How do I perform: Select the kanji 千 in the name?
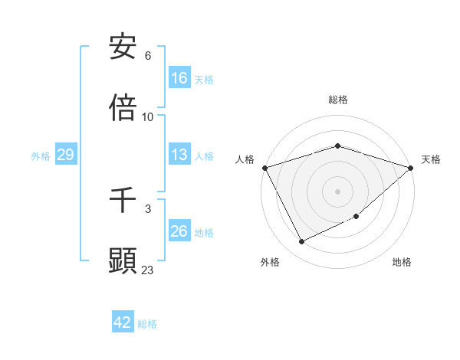click(x=123, y=201)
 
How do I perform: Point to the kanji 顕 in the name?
click(x=123, y=261)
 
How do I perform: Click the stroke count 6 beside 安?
click(x=148, y=56)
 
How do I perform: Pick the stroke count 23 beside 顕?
click(x=147, y=270)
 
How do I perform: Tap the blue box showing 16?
click(x=179, y=78)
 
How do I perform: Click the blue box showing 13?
click(x=179, y=155)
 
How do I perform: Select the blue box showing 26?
click(x=179, y=231)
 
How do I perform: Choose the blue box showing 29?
click(x=66, y=155)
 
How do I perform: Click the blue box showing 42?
click(x=123, y=322)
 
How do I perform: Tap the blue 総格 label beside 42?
click(x=147, y=324)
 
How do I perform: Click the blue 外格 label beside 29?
click(x=41, y=155)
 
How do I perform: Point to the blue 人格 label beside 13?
click(x=204, y=155)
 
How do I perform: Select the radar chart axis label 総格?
click(x=338, y=100)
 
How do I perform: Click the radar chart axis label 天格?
click(x=431, y=159)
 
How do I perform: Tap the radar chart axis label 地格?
click(x=402, y=263)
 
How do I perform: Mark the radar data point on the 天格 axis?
click(x=411, y=168)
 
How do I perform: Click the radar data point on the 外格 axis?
click(x=302, y=242)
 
